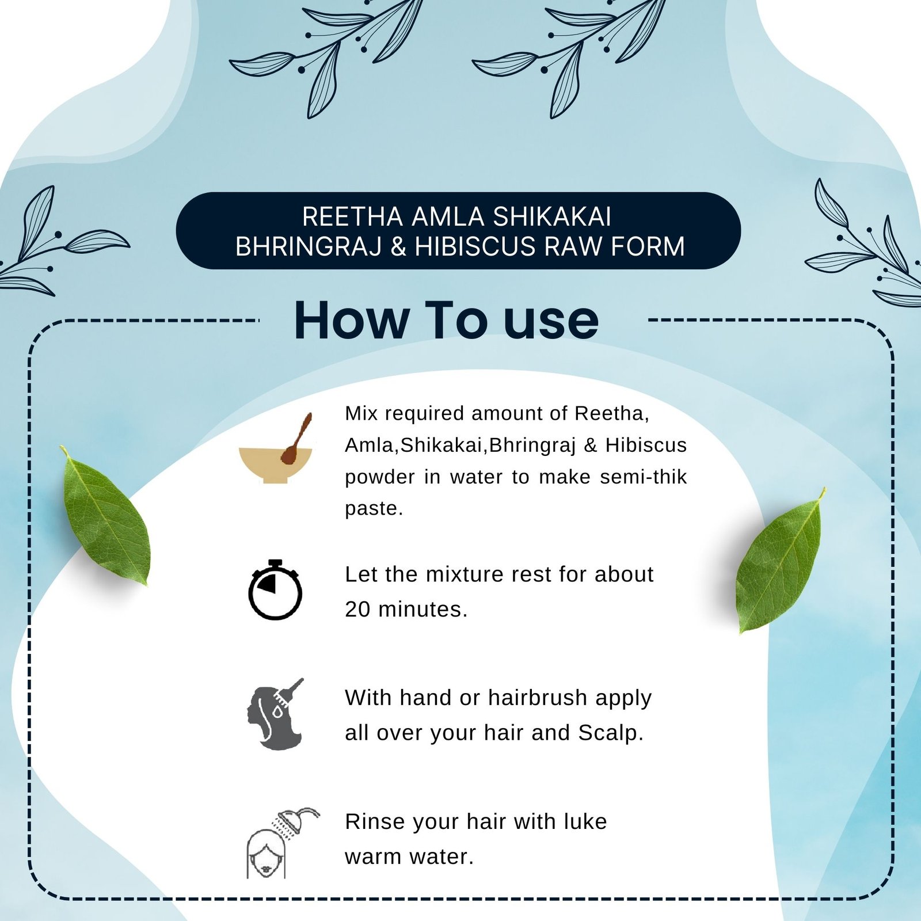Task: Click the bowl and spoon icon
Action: click(276, 452)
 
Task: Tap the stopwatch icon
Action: click(275, 589)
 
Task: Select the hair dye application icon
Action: click(275, 714)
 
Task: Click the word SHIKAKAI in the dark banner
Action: click(552, 217)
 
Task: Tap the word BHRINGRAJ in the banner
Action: click(309, 246)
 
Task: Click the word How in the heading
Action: click(351, 320)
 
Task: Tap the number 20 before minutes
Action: click(357, 609)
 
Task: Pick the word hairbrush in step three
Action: click(538, 698)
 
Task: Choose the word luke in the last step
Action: click(585, 821)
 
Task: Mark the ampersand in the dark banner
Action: click(398, 246)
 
